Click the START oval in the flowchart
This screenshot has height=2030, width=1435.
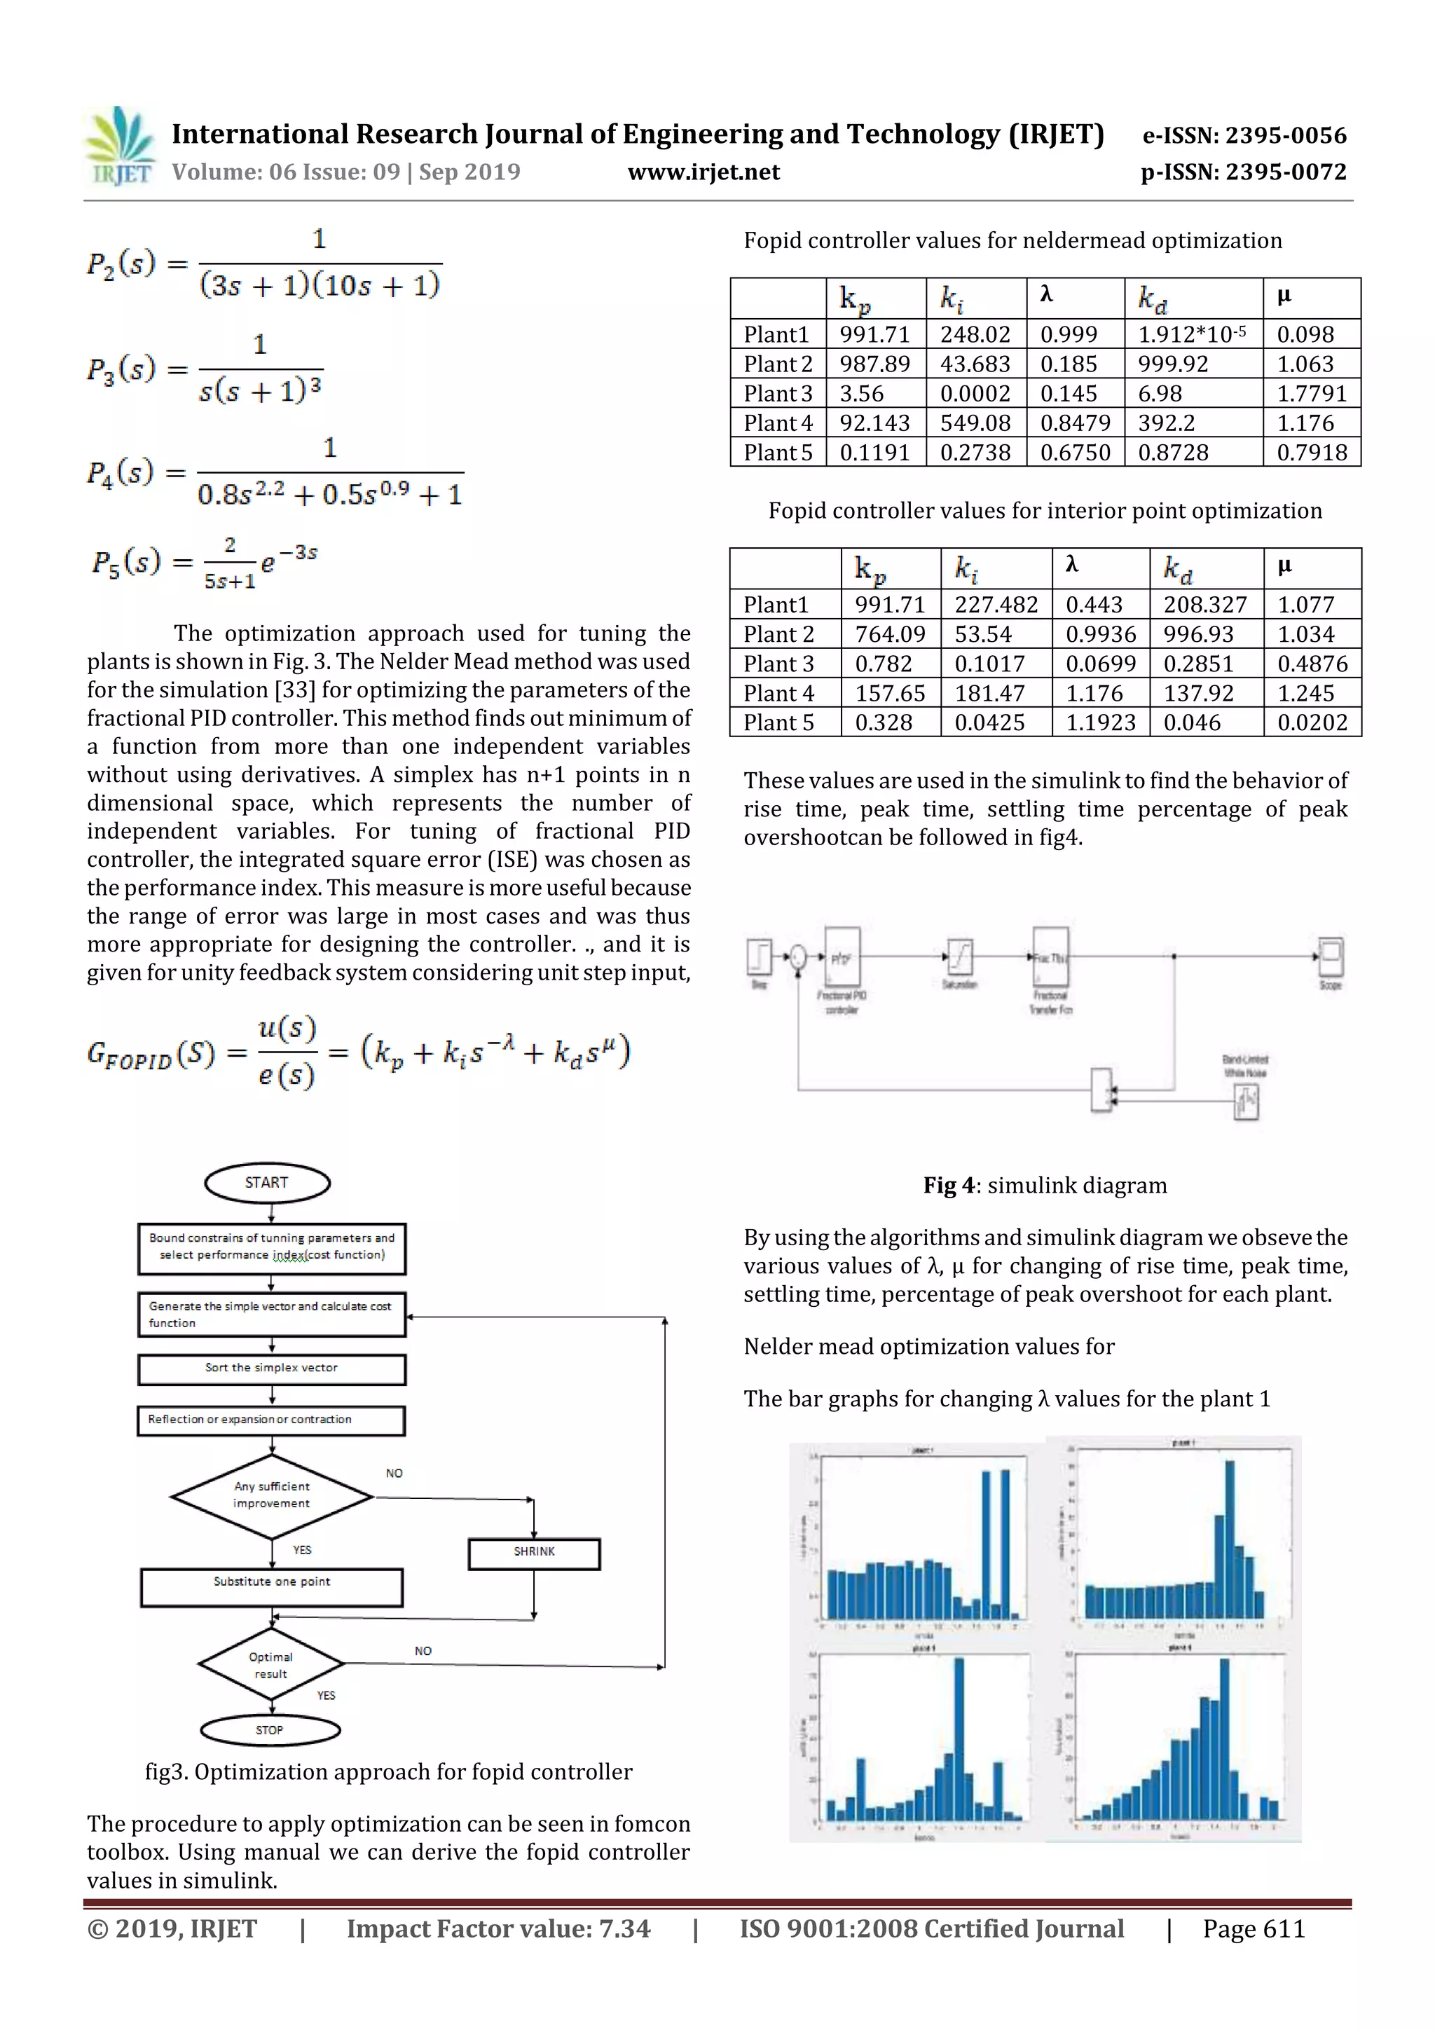click(267, 1183)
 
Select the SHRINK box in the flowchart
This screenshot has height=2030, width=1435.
click(534, 1554)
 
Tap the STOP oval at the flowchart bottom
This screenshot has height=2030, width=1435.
click(270, 1730)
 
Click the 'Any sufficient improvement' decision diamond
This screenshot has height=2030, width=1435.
click(271, 1496)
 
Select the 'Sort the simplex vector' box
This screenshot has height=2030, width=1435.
click(271, 1368)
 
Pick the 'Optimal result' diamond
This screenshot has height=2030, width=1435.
click(270, 1665)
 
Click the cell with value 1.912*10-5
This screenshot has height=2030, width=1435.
click(1192, 334)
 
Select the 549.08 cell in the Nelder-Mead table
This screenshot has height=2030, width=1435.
click(975, 423)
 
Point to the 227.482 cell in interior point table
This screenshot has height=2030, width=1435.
click(996, 605)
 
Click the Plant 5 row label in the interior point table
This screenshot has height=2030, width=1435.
click(778, 722)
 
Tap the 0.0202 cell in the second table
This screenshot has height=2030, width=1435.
click(1312, 722)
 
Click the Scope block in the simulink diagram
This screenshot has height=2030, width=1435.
click(1331, 956)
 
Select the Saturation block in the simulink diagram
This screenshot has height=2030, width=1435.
click(959, 956)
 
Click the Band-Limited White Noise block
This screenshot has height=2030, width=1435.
click(1246, 1101)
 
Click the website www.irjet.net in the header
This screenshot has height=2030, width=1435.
click(703, 172)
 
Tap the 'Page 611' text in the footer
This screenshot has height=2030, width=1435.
click(1253, 1928)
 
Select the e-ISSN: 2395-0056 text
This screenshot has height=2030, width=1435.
click(1244, 135)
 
